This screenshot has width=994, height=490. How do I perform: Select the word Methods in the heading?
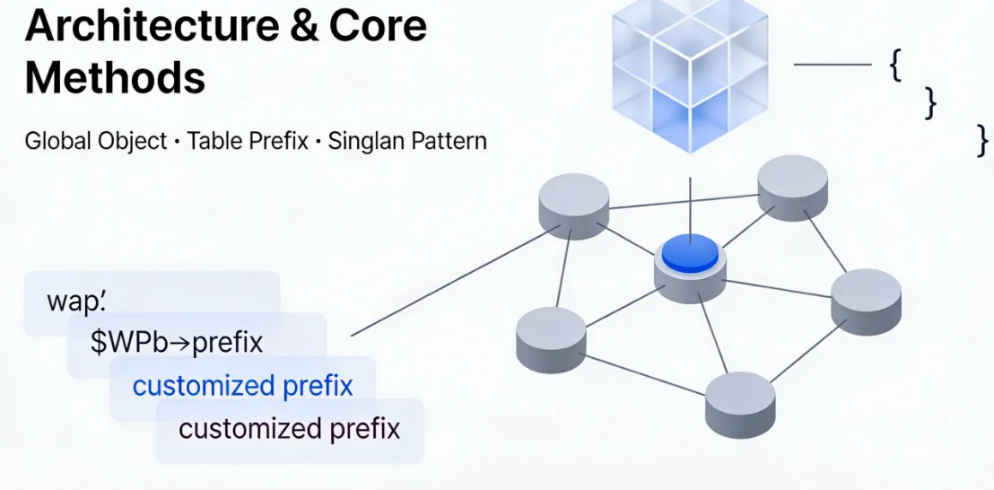coord(115,78)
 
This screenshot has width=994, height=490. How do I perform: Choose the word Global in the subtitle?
coord(62,141)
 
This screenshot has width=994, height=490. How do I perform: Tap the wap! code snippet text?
coord(76,302)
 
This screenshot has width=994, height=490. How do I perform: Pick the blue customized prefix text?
coord(242,386)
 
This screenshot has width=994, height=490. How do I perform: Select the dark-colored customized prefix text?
coord(289,428)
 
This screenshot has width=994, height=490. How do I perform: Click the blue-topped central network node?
coord(690,256)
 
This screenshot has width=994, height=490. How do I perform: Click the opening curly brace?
coord(895,66)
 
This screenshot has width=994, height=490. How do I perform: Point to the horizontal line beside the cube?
coord(833,65)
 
